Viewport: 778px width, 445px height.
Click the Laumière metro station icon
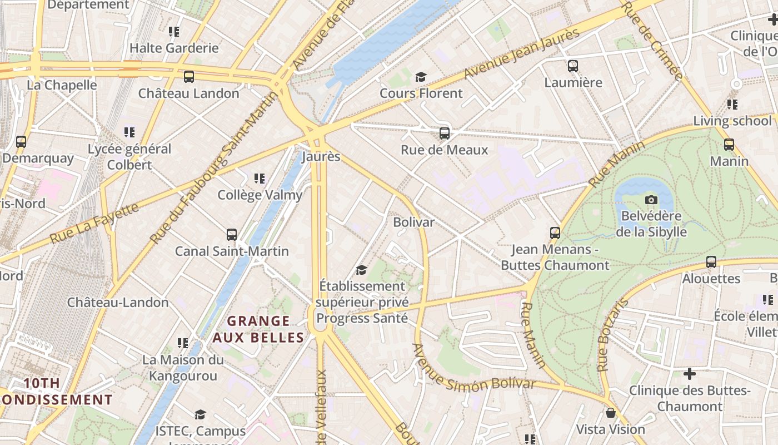(x=573, y=66)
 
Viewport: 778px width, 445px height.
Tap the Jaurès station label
(x=321, y=157)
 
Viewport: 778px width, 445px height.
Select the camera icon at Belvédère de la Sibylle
(x=651, y=200)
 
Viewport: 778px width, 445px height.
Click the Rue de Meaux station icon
(x=444, y=133)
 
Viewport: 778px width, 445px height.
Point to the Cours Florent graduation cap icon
(x=421, y=77)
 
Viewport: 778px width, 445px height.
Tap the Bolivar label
(x=413, y=222)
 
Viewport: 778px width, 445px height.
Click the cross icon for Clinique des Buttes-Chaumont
(x=690, y=374)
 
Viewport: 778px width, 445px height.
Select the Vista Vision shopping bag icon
(x=610, y=413)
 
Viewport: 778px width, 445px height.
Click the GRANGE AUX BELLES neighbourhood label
(x=258, y=329)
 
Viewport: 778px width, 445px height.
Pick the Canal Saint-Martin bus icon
(x=232, y=235)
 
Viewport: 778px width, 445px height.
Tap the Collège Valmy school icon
(x=260, y=179)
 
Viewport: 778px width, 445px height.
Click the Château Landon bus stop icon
(x=189, y=77)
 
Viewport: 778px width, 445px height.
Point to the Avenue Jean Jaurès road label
(x=522, y=53)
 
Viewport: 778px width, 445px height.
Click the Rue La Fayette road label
(x=94, y=223)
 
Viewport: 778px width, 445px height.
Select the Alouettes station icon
(x=711, y=262)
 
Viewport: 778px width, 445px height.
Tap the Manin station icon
(x=729, y=145)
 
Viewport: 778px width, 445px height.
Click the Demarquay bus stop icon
(x=21, y=142)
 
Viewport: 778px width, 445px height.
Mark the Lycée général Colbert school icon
(x=129, y=132)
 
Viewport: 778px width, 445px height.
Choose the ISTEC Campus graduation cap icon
(x=200, y=414)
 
